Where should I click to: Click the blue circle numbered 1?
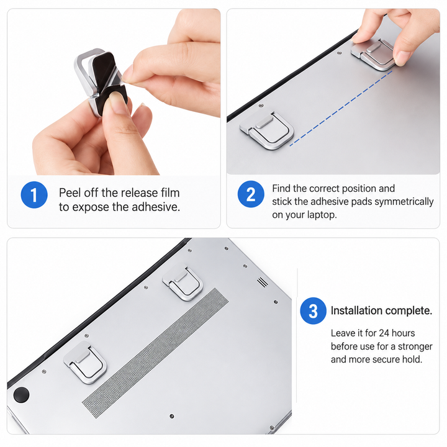34,195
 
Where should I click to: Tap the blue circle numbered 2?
251,194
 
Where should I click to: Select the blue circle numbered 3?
314,311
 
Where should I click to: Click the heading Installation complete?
381,310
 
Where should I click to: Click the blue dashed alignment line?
341,109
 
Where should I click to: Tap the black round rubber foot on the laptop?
21,395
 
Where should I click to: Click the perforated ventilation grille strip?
155,353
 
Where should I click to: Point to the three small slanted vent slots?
263,282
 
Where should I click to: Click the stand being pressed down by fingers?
373,54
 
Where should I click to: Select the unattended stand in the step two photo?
267,130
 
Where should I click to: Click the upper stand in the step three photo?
183,283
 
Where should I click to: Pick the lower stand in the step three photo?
86,362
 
